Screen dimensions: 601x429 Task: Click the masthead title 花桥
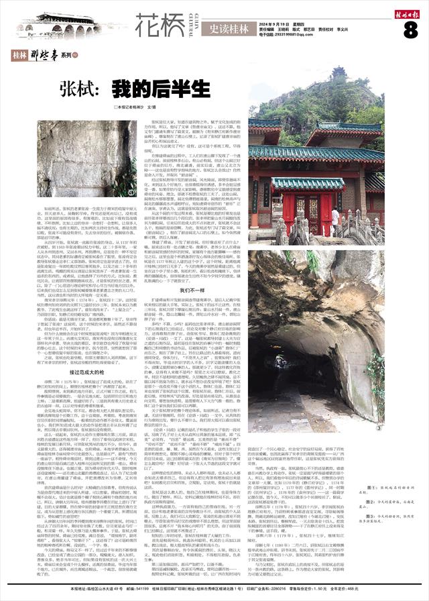[x=160, y=26]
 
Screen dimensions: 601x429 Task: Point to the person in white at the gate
[x=334, y=217]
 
